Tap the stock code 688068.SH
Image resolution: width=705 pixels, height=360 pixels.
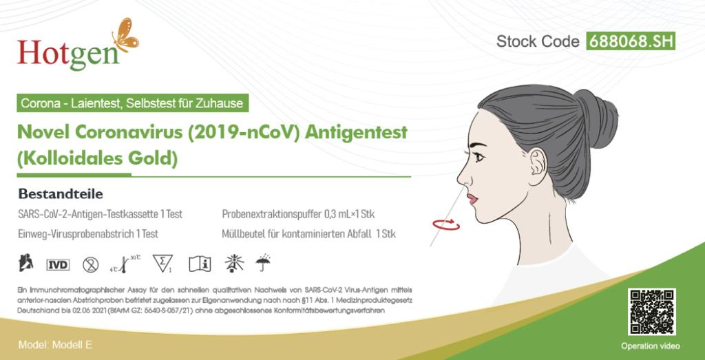tap(631, 42)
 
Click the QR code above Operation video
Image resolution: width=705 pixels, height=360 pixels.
tap(651, 312)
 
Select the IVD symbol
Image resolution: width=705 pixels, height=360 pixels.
tap(58, 265)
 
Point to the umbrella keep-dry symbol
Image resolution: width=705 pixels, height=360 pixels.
tap(262, 263)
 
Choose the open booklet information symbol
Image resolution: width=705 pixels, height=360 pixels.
tap(200, 264)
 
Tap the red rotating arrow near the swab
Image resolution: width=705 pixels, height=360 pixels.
tap(446, 224)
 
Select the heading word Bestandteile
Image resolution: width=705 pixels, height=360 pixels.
tap(61, 194)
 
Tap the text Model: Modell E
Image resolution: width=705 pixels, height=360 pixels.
tap(55, 345)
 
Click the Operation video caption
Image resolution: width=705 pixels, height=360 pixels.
tap(651, 346)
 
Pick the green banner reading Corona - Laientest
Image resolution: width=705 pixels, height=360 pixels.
tap(133, 103)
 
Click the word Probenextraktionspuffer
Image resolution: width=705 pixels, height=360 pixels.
tap(271, 214)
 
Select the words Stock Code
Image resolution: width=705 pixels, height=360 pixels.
tap(538, 42)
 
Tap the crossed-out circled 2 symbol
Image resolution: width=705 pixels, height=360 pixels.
tap(91, 265)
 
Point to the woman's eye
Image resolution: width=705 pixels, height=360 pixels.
tap(479, 158)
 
